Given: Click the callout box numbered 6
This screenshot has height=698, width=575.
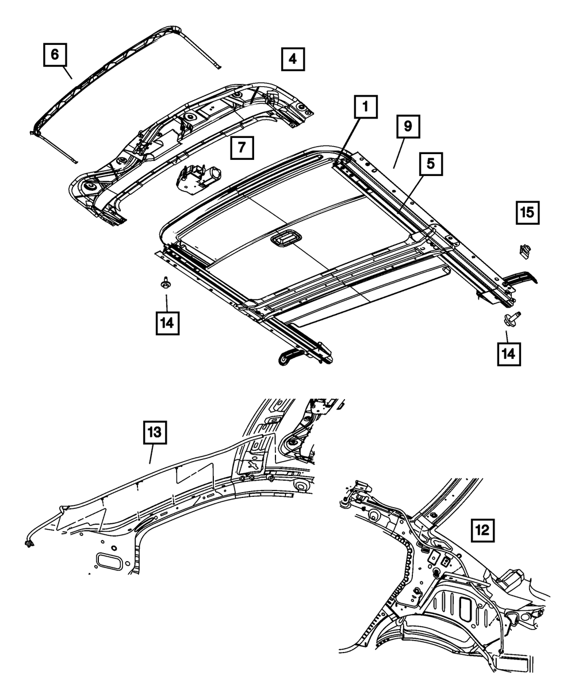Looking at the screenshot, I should pyautogui.click(x=55, y=56).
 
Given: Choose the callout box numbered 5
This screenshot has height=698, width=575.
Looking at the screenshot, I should pyautogui.click(x=431, y=165).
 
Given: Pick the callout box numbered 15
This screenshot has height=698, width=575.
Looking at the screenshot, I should pyautogui.click(x=527, y=213).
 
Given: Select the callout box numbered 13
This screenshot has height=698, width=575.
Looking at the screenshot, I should pyautogui.click(x=155, y=434).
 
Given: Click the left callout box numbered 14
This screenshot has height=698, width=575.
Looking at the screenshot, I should pyautogui.click(x=166, y=322).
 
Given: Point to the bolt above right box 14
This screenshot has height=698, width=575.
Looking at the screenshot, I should pyautogui.click(x=511, y=317).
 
